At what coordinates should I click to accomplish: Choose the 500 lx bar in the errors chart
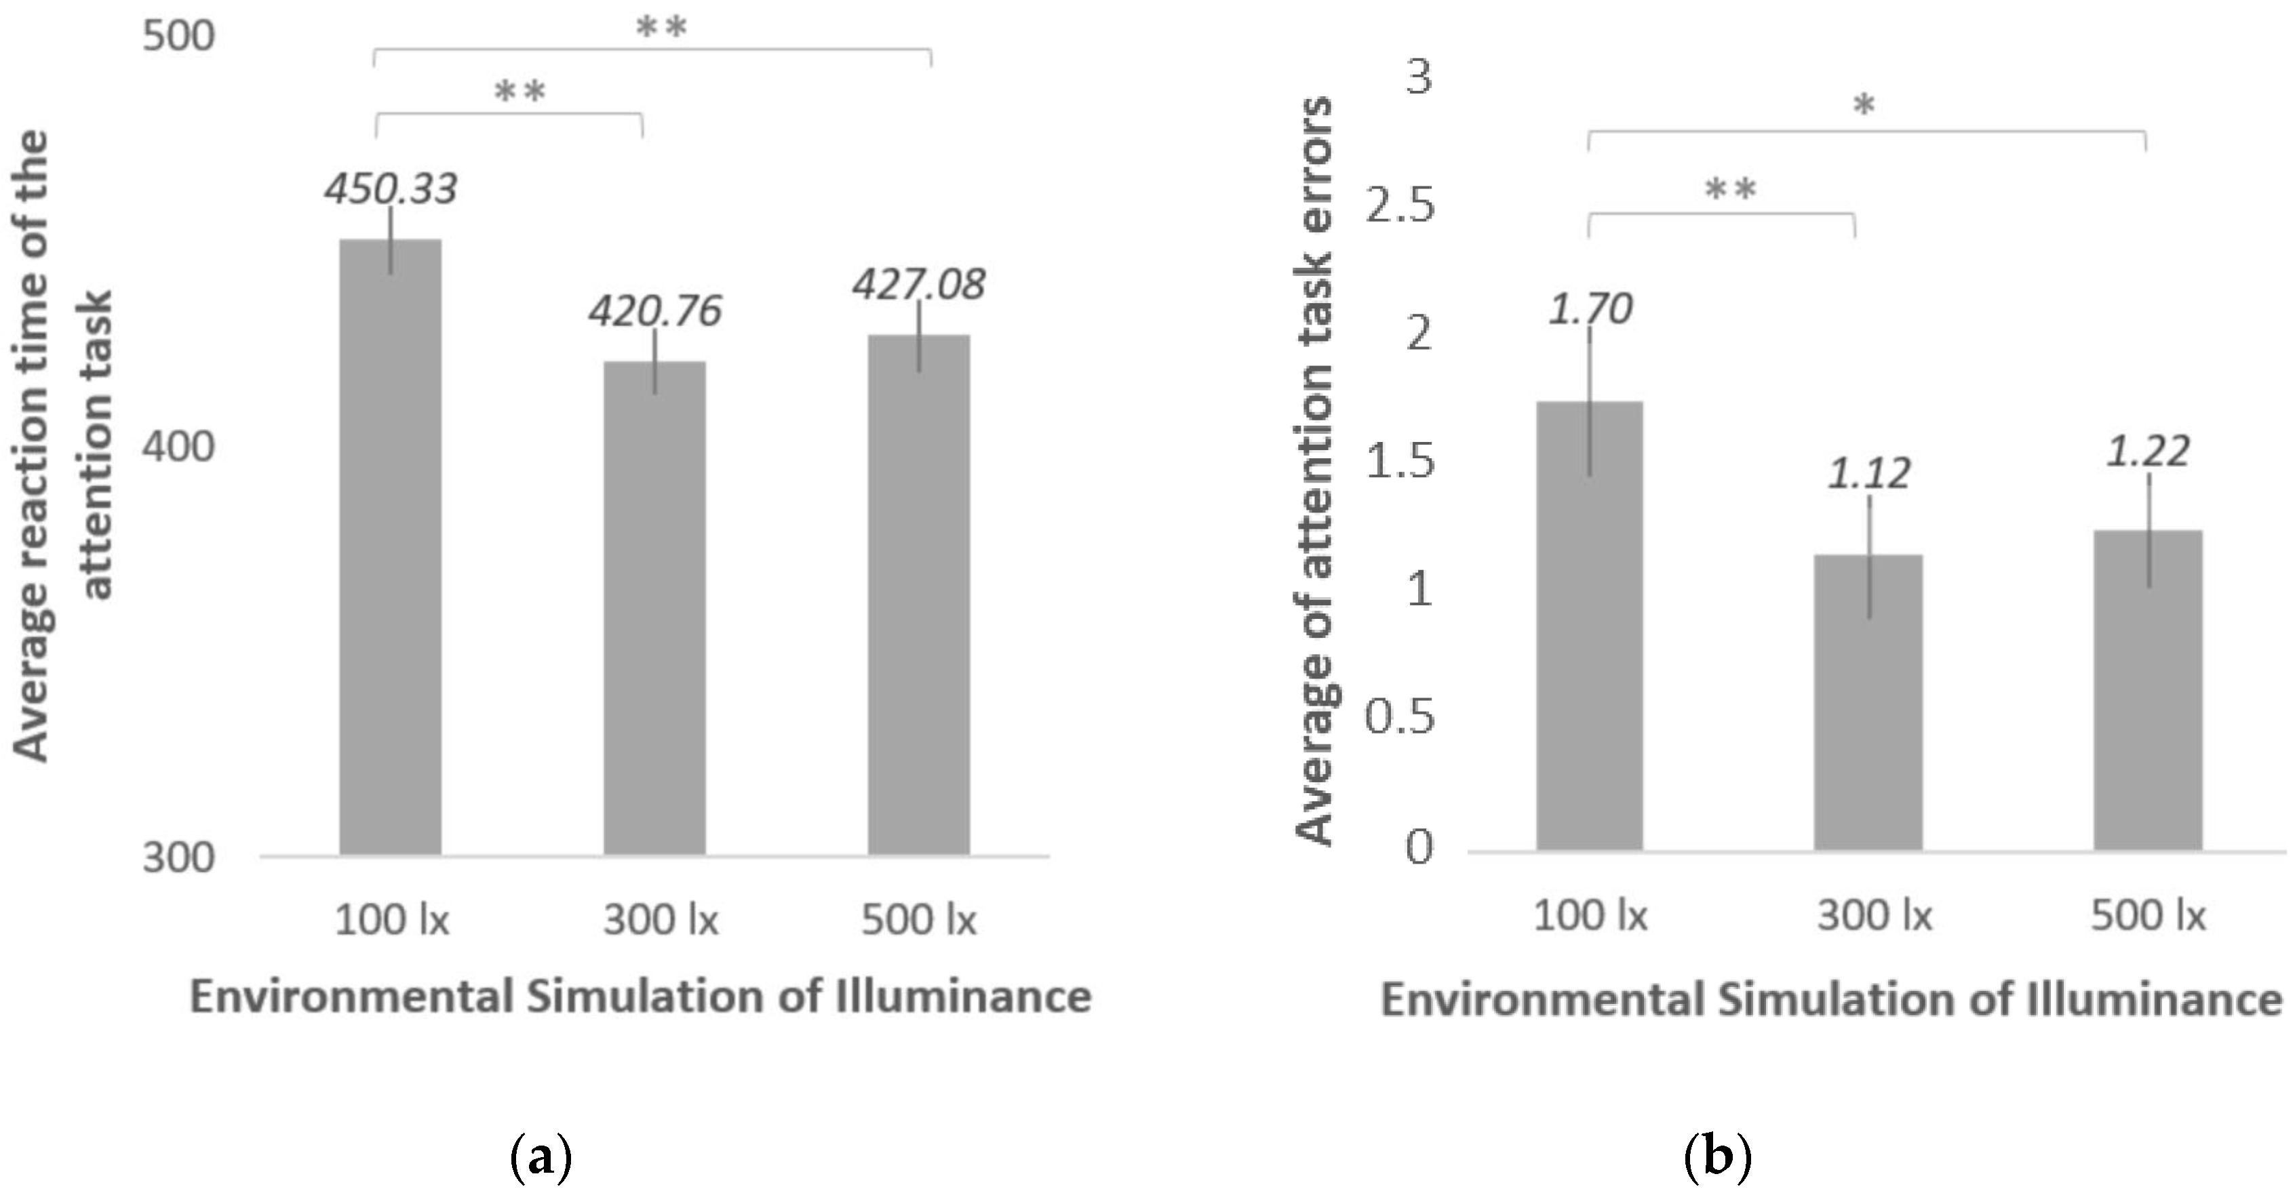(x=2147, y=690)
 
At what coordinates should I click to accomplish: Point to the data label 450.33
(x=390, y=189)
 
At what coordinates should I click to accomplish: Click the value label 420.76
(x=655, y=311)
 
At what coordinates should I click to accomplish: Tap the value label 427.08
(x=918, y=284)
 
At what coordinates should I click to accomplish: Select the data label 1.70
(x=1590, y=309)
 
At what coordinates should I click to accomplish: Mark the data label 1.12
(x=1869, y=473)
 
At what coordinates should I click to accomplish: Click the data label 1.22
(x=2147, y=451)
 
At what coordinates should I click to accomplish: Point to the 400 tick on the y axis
(x=179, y=445)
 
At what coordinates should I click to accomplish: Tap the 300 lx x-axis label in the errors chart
(x=1875, y=916)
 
